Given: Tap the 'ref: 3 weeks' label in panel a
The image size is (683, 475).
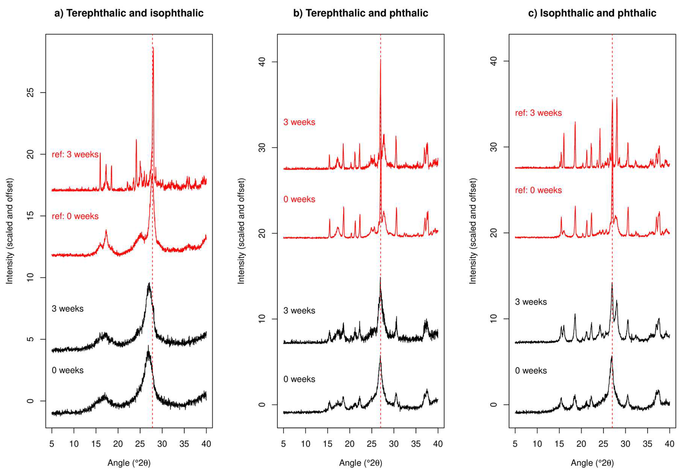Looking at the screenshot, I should pos(75,154).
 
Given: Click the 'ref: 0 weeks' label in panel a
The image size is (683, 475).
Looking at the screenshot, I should pos(75,216).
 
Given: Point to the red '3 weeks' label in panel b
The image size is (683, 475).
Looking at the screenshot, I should pos(299,122).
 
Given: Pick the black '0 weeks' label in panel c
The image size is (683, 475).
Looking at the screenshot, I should pos(531,371).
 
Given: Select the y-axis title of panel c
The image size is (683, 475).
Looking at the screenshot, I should pos(473,231).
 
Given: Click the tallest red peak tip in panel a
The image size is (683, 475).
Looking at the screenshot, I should pos(153,48).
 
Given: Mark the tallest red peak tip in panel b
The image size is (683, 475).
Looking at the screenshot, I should pos(380,60).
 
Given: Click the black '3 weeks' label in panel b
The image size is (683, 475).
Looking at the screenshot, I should pos(299,311).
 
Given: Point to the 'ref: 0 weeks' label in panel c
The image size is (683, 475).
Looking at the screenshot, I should pos(538,190).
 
